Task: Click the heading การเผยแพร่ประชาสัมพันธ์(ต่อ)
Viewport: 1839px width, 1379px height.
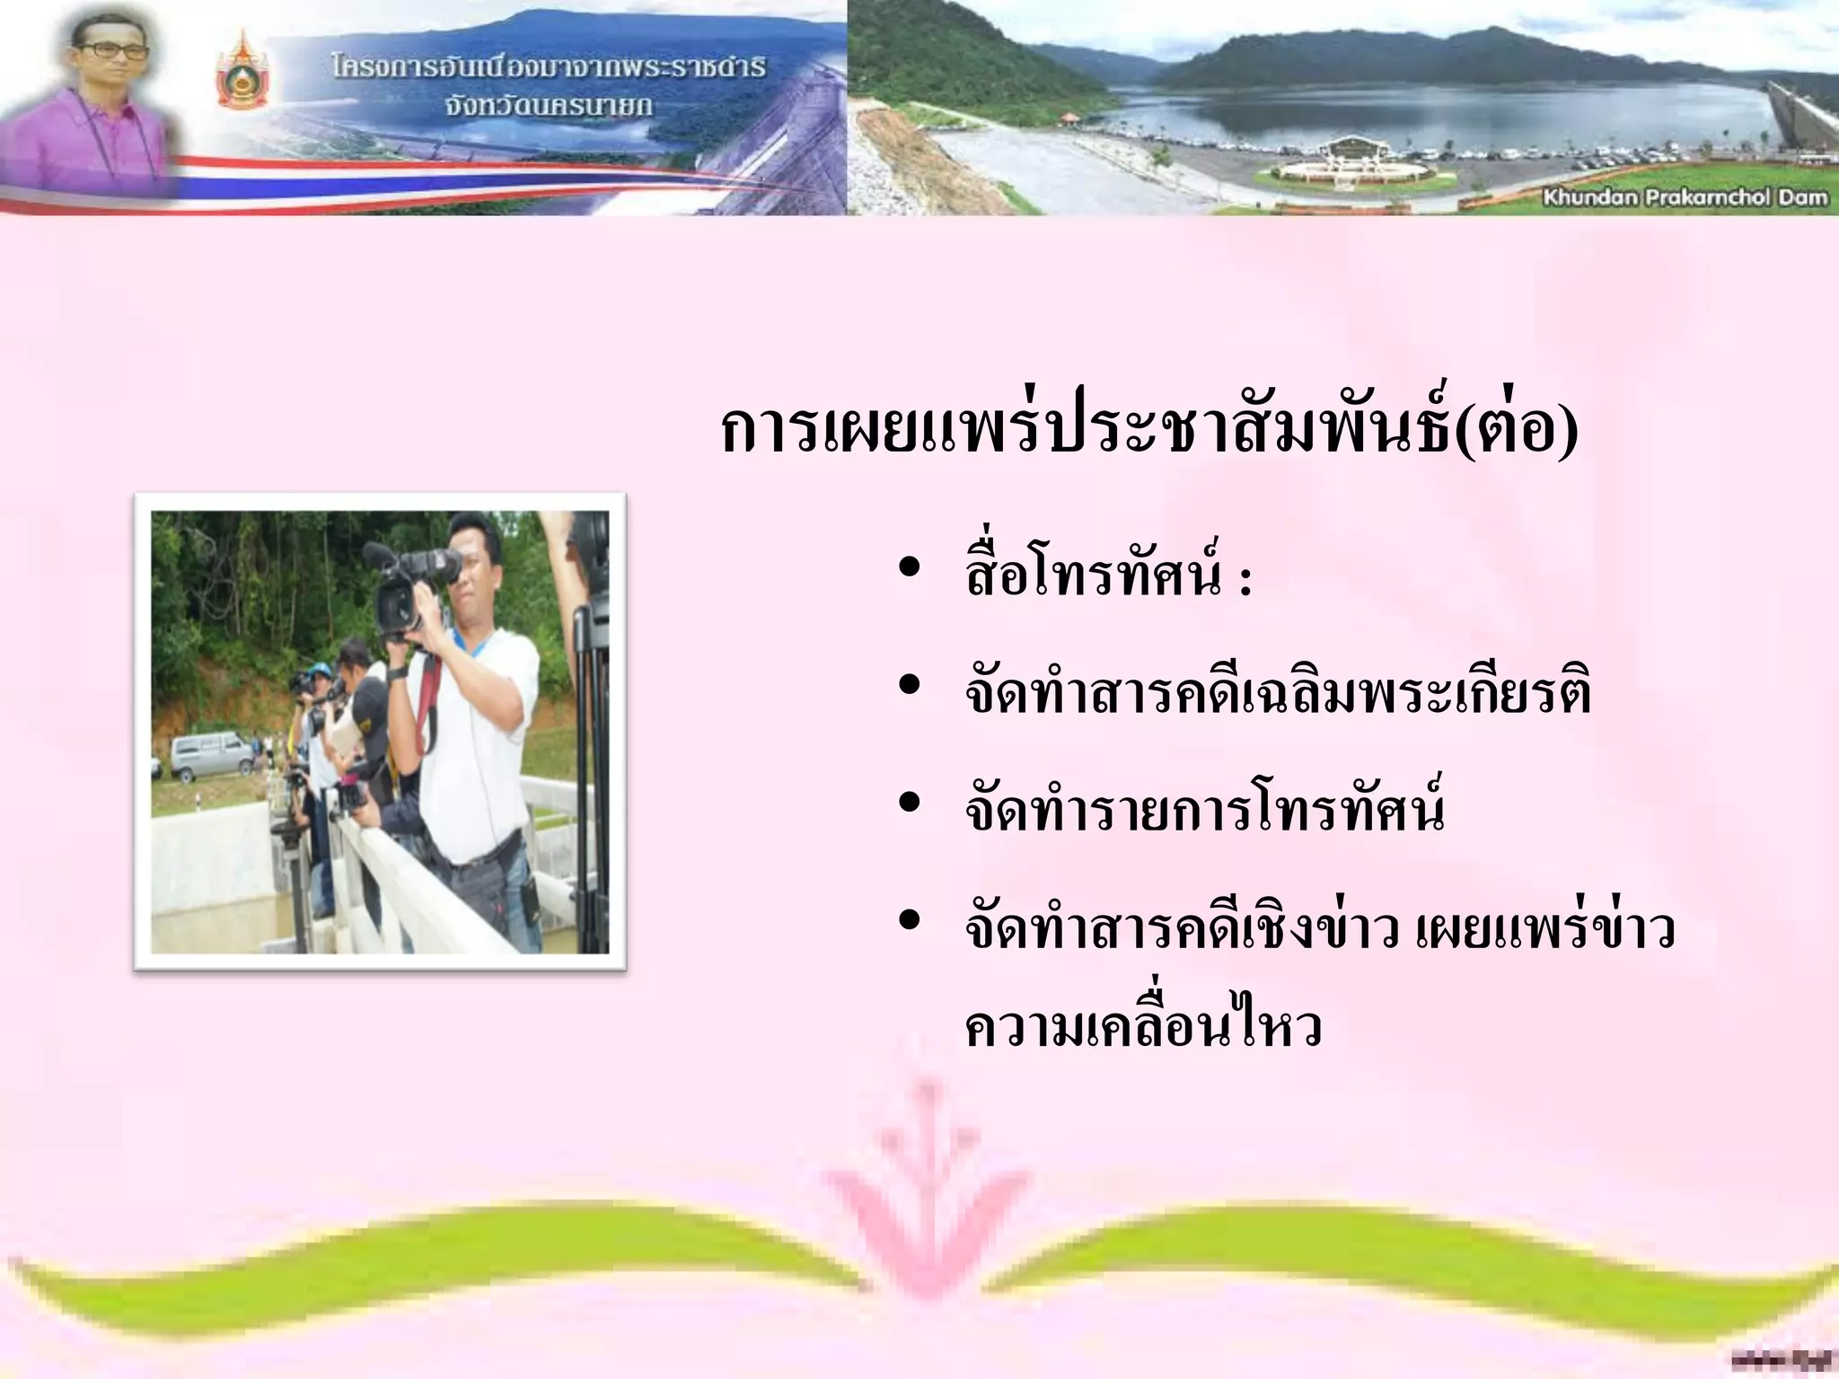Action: click(x=1149, y=430)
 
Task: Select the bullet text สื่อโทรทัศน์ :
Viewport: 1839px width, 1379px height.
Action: click(x=1108, y=575)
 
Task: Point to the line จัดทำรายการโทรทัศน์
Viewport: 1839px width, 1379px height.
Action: click(x=1204, y=809)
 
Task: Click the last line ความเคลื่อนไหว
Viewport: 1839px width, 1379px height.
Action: click(x=1143, y=1026)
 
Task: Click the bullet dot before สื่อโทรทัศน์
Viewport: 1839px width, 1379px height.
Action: click(x=909, y=567)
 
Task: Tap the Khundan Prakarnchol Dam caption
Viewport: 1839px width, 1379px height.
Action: click(x=1685, y=198)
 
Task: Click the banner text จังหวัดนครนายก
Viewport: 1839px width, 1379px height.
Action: click(x=548, y=106)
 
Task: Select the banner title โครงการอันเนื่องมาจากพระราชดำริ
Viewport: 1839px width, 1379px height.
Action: click(x=548, y=66)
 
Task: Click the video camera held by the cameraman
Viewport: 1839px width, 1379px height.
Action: click(x=413, y=584)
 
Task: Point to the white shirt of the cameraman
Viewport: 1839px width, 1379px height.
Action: click(x=476, y=754)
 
